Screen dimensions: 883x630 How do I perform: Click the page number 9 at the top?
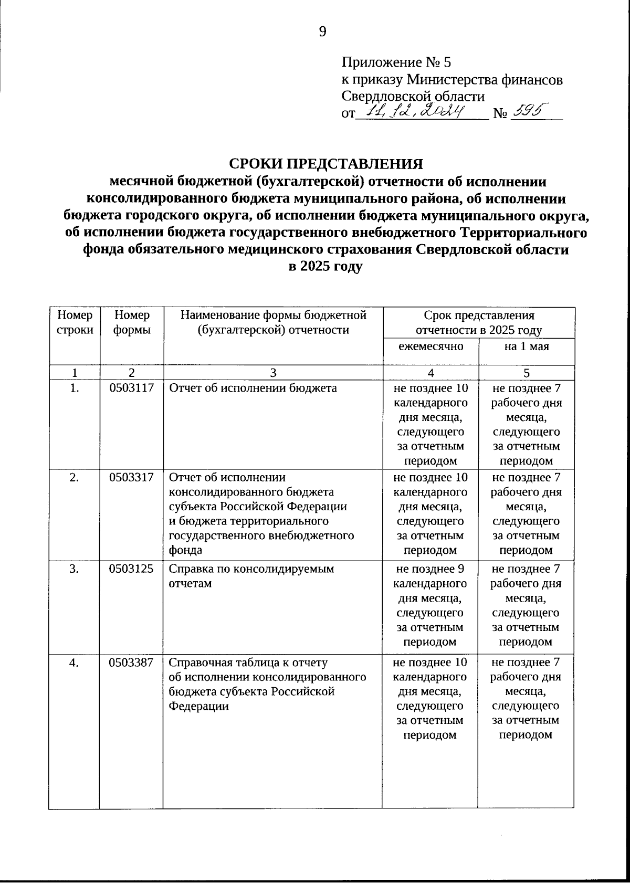point(322,32)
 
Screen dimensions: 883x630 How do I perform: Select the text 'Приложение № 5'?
point(396,63)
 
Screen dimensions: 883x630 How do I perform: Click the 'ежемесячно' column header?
point(430,346)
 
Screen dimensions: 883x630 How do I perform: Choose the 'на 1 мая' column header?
point(527,346)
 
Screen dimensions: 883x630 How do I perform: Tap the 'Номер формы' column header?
point(131,322)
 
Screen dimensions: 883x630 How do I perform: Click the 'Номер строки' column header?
point(75,322)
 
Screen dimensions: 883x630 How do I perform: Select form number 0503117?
point(131,388)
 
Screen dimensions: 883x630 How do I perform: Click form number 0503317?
point(131,478)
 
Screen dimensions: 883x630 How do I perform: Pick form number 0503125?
point(131,569)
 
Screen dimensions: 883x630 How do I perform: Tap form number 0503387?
point(131,663)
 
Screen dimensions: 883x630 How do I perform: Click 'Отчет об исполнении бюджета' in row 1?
point(253,388)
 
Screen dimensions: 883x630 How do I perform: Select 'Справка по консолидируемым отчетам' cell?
point(251,576)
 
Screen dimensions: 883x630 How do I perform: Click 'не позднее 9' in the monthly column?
point(430,569)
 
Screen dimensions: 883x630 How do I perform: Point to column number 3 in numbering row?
point(273,373)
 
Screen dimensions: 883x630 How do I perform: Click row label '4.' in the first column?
point(75,663)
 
